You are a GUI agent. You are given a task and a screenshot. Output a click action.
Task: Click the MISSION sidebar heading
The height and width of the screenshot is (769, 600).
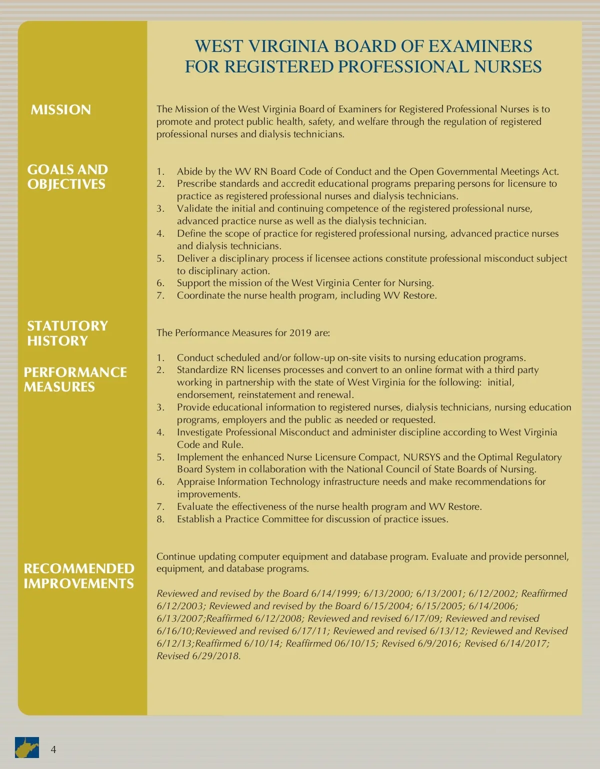pyautogui.click(x=60, y=110)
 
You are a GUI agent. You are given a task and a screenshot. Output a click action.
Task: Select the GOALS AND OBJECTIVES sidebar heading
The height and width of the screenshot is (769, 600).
pyautogui.click(x=67, y=177)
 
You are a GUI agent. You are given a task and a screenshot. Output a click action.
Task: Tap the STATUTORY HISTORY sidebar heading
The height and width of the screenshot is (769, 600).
pyautogui.click(x=67, y=333)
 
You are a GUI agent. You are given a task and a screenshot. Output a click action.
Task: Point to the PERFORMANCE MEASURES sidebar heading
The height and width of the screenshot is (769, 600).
pyautogui.click(x=75, y=380)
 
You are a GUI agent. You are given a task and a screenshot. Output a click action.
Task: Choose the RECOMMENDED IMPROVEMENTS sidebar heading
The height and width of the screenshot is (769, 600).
pyautogui.click(x=79, y=576)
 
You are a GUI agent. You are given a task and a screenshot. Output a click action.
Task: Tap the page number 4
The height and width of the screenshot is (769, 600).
pyautogui.click(x=53, y=750)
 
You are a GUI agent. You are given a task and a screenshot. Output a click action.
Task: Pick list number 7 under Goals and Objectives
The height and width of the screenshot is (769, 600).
pyautogui.click(x=160, y=296)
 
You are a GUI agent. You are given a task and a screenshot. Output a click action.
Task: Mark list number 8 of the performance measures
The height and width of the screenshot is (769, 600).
pyautogui.click(x=160, y=519)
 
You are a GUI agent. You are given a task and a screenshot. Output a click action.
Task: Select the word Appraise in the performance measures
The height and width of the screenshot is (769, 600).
pyautogui.click(x=195, y=482)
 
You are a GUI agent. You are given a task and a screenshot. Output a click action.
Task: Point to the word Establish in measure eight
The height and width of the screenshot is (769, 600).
pyautogui.click(x=195, y=519)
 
